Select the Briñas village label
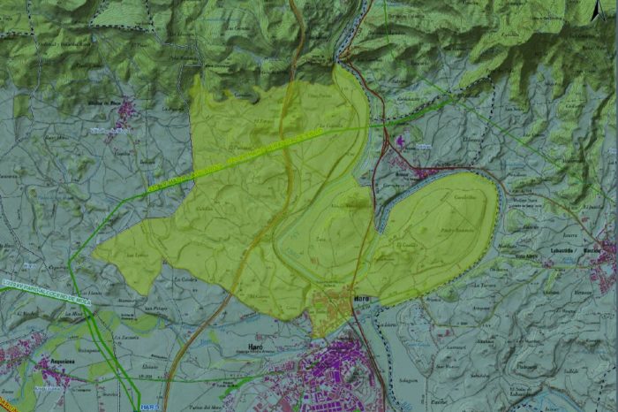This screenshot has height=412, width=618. pos(425,147)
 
